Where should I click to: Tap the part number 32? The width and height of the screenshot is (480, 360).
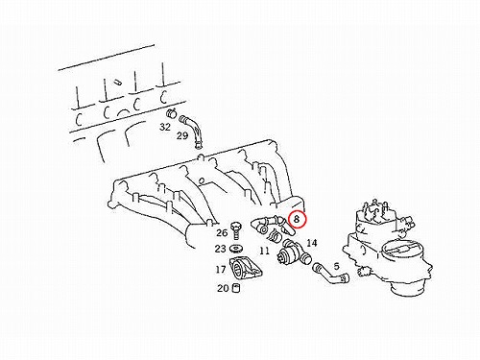(x=165, y=127)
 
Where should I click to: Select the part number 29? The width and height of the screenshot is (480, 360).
(x=182, y=135)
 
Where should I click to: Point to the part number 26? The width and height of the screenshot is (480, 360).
(x=222, y=232)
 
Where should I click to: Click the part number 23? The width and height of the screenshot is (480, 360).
(x=220, y=249)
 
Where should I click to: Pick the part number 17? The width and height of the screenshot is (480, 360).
(x=221, y=270)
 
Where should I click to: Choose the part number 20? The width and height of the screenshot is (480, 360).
(x=223, y=288)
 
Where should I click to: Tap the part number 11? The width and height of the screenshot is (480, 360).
(x=264, y=251)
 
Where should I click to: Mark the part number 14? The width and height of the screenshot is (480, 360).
(x=312, y=243)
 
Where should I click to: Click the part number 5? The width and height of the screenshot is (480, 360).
(x=336, y=266)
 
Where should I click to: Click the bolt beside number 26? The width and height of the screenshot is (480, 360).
(x=236, y=230)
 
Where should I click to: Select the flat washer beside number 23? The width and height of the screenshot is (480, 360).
(x=236, y=249)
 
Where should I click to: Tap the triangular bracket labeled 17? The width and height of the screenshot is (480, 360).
(x=246, y=269)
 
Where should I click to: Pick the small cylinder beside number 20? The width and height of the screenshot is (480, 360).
(x=236, y=288)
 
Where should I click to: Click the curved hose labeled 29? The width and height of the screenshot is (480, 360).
(x=193, y=132)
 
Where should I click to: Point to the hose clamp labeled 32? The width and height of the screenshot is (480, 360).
(x=172, y=112)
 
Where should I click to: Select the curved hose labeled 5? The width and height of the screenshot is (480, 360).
(x=331, y=275)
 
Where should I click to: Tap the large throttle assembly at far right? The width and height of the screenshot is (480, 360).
(x=388, y=247)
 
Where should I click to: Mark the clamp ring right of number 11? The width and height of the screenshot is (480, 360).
(x=274, y=236)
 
